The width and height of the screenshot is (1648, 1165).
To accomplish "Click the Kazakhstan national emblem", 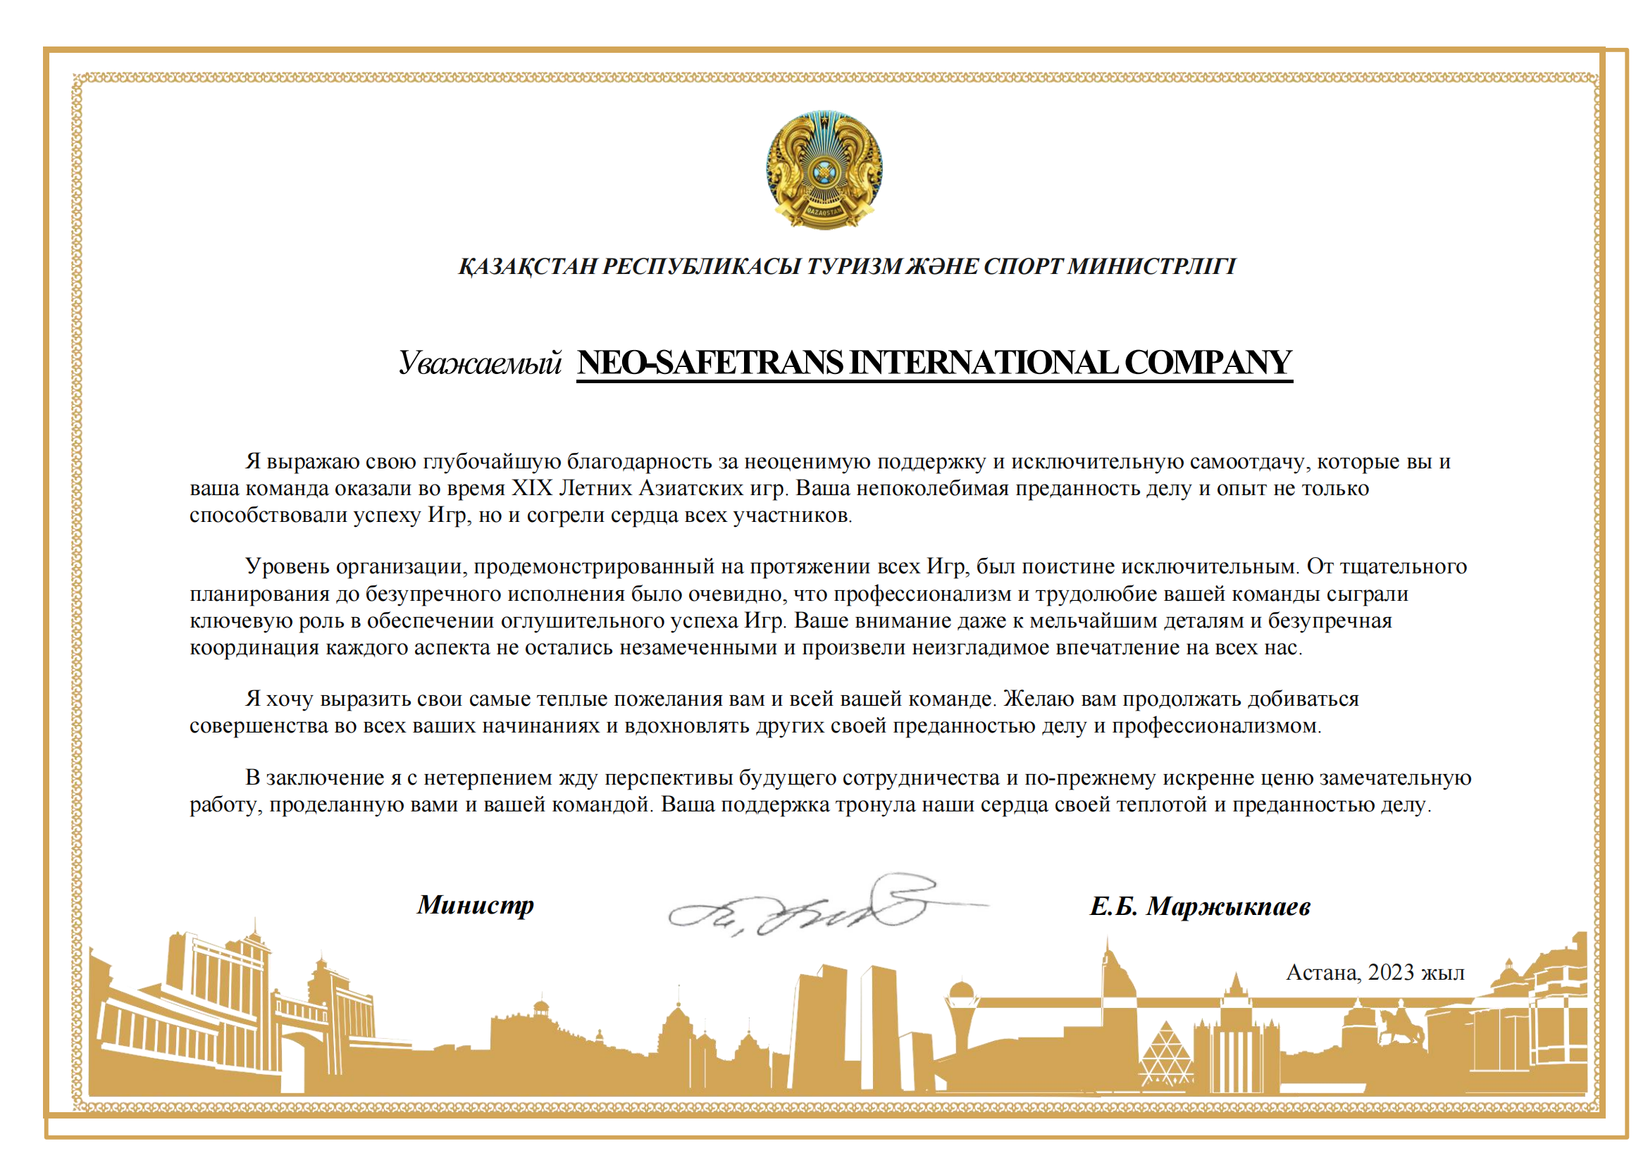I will coord(824,169).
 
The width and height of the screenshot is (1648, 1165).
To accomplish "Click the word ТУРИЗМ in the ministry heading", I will coord(854,267).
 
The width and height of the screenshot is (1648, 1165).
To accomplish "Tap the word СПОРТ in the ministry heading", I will coord(1024,267).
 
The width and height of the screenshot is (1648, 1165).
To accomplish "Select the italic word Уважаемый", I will coord(480,363).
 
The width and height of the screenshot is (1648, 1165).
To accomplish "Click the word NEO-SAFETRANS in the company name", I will coord(711,363).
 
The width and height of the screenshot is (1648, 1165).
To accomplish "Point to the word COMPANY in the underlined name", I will coord(1208,363).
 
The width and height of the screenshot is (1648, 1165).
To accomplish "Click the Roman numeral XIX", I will coord(532,489).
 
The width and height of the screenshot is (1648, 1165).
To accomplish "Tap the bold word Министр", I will coord(475,904).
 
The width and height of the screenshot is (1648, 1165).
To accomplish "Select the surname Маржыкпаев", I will coord(1228,907).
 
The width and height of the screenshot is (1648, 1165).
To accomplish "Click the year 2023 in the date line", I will coord(1390,973).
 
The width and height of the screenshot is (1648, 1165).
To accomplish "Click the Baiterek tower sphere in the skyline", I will coord(960,995).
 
